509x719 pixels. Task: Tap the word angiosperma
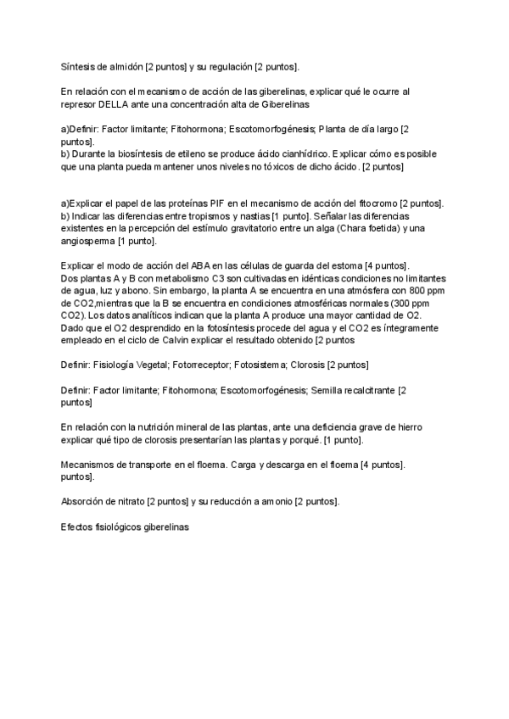88,242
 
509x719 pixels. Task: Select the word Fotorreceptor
192,365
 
